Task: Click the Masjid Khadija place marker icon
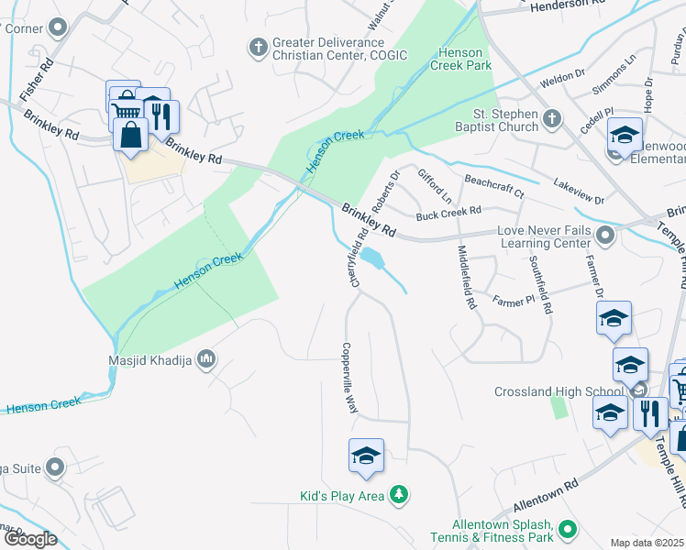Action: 206,357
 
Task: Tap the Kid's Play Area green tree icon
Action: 398,496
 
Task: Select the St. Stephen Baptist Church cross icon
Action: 552,119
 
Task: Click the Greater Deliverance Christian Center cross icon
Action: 260,46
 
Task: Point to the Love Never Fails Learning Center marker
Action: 604,236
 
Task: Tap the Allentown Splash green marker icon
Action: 568,529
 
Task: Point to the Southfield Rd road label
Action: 539,284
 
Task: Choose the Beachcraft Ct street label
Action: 493,186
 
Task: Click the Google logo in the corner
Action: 30,539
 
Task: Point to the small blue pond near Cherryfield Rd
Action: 372,258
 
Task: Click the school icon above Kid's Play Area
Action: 366,456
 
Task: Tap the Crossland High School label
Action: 559,391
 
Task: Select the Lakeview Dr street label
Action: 579,192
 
